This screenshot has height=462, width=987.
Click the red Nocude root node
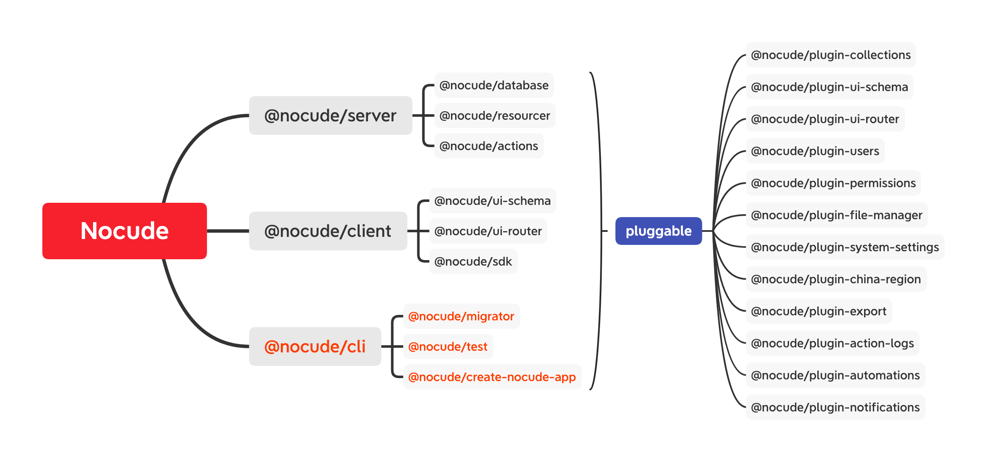click(x=125, y=231)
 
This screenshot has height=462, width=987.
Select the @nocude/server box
click(x=331, y=115)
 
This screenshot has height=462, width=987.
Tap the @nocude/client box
click(x=328, y=231)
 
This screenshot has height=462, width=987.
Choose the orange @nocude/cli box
click(x=315, y=346)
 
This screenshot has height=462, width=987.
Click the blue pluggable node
click(x=659, y=231)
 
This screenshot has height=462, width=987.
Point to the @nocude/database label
click(x=494, y=85)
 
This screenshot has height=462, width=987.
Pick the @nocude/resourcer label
click(x=495, y=115)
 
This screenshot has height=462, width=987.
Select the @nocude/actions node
click(x=489, y=146)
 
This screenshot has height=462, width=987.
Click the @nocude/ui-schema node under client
click(x=493, y=201)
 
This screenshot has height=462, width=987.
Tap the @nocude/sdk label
click(x=473, y=261)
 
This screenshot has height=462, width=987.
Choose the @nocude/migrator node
click(x=461, y=316)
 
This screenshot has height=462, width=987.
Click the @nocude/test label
click(x=448, y=346)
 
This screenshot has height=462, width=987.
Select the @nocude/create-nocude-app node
click(x=492, y=377)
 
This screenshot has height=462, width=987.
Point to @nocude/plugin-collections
click(x=831, y=55)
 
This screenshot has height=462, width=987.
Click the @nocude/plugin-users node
click(x=815, y=151)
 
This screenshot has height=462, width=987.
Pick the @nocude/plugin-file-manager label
click(x=837, y=215)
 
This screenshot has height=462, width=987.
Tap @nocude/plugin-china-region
click(x=836, y=279)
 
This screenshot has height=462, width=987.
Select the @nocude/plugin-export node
click(x=819, y=311)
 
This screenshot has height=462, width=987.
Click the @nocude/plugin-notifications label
click(x=835, y=407)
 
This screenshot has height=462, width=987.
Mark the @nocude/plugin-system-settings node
click(x=845, y=247)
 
